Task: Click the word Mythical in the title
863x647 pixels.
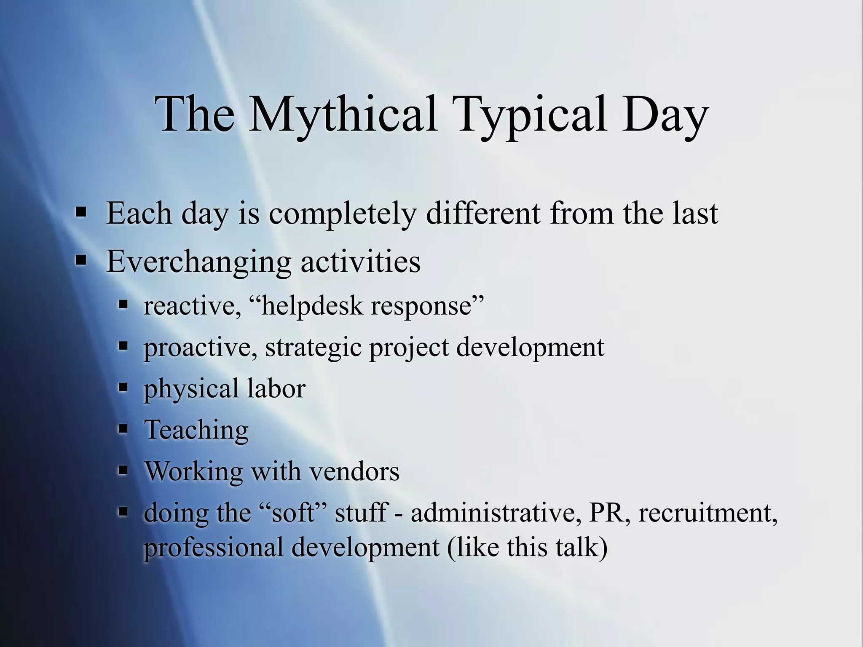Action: click(342, 115)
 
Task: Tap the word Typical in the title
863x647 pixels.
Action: click(532, 115)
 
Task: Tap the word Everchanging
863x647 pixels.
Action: click(198, 262)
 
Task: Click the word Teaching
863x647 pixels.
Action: click(196, 430)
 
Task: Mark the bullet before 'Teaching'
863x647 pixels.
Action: click(123, 429)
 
